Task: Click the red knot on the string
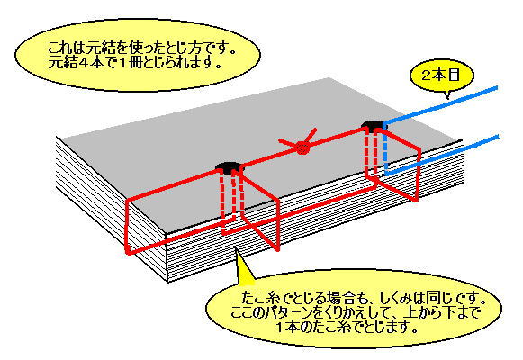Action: click(303, 148)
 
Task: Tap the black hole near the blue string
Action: click(374, 126)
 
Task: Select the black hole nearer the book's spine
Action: click(230, 167)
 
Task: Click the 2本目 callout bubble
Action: click(441, 76)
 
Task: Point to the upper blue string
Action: click(440, 106)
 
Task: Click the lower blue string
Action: click(441, 156)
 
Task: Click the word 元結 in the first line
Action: click(101, 49)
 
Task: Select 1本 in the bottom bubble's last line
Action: click(287, 328)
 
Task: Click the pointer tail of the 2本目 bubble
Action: click(447, 95)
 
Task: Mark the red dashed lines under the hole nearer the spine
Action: click(230, 193)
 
